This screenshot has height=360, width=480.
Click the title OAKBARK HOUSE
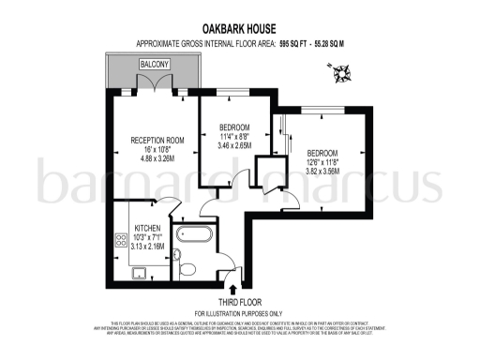[239, 29]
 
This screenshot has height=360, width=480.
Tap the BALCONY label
[155, 64]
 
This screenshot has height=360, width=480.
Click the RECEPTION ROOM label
[156, 141]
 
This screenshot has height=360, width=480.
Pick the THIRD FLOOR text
[238, 302]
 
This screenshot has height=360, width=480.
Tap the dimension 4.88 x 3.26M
[156, 158]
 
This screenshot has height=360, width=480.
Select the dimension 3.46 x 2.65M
[233, 146]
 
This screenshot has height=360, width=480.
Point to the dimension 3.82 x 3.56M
[320, 172]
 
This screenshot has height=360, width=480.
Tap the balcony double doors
[155, 84]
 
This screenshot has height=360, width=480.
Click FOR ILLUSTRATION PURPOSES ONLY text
[238, 312]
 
